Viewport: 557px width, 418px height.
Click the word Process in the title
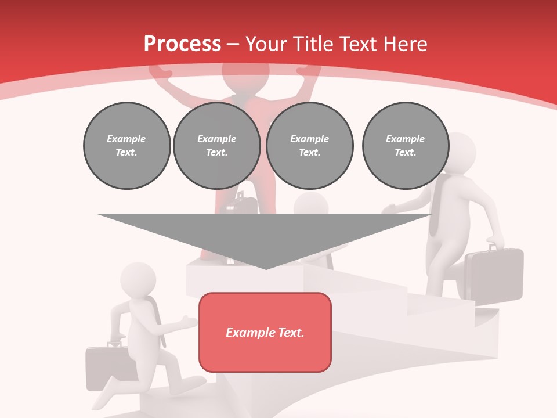pyautogui.click(x=182, y=44)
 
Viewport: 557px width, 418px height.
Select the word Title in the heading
pyautogui.click(x=316, y=44)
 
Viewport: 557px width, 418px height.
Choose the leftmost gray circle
pyautogui.click(x=126, y=146)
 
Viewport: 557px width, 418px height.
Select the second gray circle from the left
pyautogui.click(x=216, y=146)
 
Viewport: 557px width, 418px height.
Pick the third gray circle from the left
pyautogui.click(x=309, y=146)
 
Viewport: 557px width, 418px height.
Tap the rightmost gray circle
pyautogui.click(x=405, y=146)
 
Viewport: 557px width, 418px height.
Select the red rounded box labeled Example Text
pyautogui.click(x=265, y=332)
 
